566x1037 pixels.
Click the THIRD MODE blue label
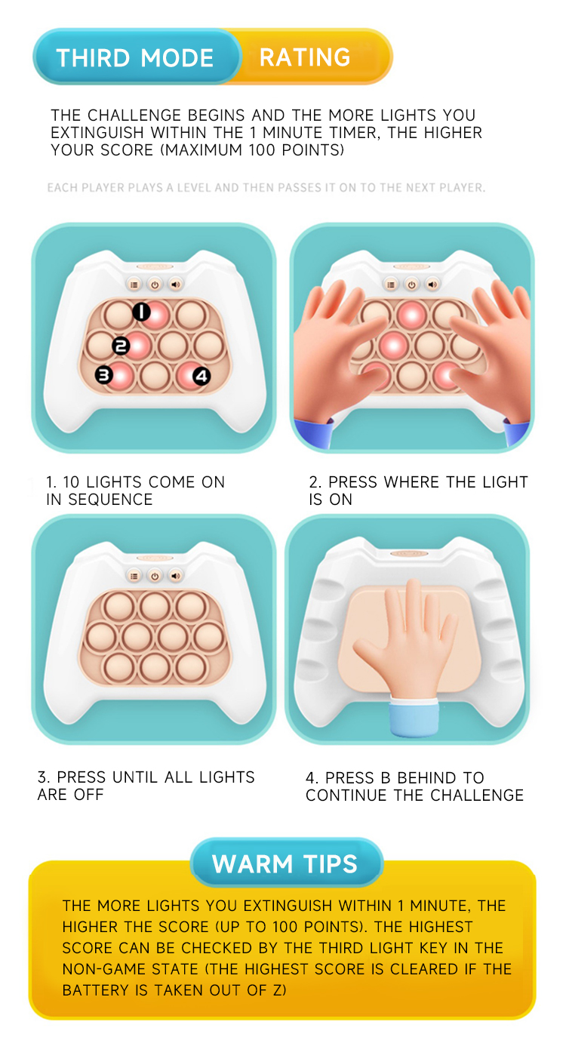135,58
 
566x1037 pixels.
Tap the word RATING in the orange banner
305,57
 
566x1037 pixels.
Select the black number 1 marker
141,311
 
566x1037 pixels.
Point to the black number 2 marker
121,346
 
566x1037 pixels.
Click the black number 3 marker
103,374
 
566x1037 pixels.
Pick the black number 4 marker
201,375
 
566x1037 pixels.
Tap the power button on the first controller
154,285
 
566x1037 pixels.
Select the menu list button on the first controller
134,285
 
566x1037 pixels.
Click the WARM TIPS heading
285,864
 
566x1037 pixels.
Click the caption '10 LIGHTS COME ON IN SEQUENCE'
135,491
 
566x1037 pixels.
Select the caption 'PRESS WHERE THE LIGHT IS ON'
418,491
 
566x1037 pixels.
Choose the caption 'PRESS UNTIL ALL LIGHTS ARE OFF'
146,786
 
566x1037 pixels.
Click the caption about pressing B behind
414,786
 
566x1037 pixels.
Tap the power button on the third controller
154,576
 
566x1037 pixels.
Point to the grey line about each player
266,187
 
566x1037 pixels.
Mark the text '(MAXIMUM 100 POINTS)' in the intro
254,150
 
